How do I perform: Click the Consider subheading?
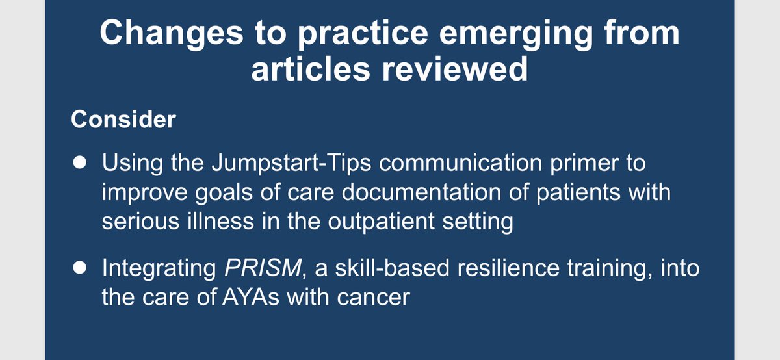tap(123, 120)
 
